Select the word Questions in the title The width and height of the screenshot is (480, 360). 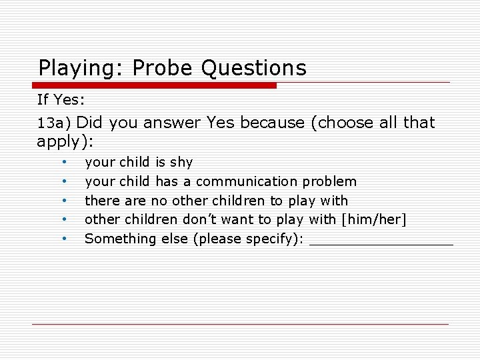[253, 68]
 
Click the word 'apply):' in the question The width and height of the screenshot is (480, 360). [65, 141]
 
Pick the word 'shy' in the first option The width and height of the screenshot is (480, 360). [181, 162]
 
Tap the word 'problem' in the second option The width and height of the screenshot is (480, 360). [329, 181]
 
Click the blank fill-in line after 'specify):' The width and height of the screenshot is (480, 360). [381, 243]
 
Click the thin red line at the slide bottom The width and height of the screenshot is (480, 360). [240, 324]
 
